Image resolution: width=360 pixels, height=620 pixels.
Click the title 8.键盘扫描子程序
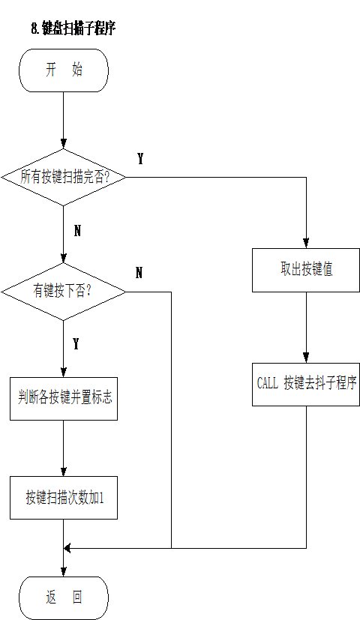73,28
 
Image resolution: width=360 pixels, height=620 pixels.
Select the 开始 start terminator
64,70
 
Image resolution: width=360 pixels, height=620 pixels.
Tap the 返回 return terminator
64,598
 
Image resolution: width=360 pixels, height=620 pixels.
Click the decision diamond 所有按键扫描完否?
63,177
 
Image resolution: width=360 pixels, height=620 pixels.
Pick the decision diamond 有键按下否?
63,292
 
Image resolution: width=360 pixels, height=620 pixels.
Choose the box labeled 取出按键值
306,270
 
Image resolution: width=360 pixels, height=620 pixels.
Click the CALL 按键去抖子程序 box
306,385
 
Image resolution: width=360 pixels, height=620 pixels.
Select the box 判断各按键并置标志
64,399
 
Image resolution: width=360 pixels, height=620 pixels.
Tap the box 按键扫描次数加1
64,497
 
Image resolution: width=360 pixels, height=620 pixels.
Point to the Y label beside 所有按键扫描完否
140,158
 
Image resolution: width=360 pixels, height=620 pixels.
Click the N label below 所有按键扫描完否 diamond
77,230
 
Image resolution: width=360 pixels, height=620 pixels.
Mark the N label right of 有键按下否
139,272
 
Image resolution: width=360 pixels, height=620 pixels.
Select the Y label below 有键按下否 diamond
76,344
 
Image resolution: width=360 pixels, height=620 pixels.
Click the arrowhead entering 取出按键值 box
306,243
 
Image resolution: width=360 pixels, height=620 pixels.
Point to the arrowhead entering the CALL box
306,358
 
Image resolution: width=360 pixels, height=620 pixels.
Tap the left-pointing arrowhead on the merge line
67,549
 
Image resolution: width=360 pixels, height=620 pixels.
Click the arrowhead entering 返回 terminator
63,571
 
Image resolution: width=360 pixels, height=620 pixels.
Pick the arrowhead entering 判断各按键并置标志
63,372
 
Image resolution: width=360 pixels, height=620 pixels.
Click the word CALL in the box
268,383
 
